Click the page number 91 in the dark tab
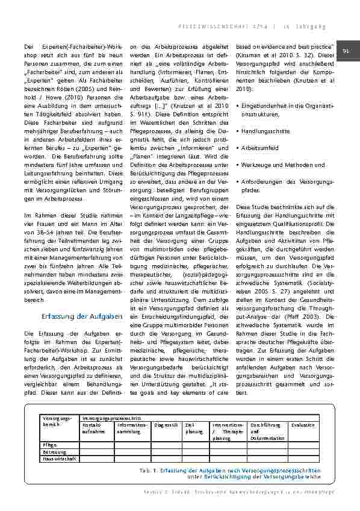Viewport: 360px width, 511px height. point(346,52)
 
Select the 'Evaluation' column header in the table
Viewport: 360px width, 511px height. point(303,425)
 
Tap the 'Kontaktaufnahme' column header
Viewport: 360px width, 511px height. point(93,428)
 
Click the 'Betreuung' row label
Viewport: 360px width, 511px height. point(54,451)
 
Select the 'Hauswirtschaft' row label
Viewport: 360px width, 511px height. point(59,458)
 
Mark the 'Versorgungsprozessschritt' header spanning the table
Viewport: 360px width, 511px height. point(111,417)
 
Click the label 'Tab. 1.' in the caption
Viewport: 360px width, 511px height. point(146,470)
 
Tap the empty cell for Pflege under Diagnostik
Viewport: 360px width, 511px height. point(167,444)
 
